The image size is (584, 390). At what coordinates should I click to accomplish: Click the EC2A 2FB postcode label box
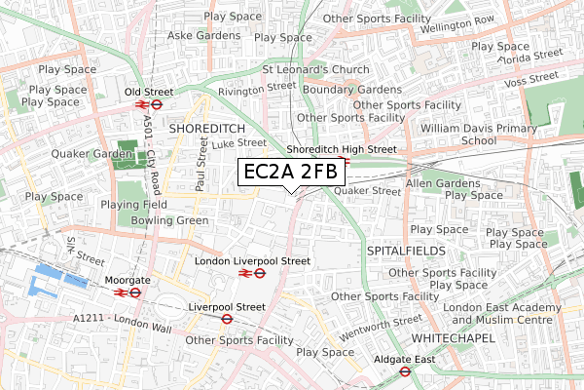coord(293,173)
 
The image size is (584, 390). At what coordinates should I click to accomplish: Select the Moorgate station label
coord(127,280)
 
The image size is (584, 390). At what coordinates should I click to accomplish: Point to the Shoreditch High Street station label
coord(342,149)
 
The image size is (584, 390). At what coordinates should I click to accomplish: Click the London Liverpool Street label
coord(252,261)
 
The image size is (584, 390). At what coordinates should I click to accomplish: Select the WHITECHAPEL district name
coord(453,337)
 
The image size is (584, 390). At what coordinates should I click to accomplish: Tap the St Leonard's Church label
coord(315,70)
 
